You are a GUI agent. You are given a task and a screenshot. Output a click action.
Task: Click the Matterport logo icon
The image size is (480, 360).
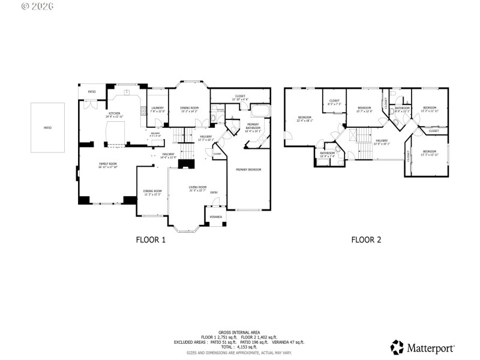pyautogui.click(x=397, y=347)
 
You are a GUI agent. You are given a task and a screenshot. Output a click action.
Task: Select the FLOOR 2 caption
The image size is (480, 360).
pyautogui.click(x=366, y=240)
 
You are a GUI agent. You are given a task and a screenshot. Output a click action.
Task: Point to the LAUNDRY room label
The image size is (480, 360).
pyautogui.click(x=157, y=109)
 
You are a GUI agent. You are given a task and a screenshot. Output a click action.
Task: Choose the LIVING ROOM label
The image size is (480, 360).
pyautogui.click(x=197, y=188)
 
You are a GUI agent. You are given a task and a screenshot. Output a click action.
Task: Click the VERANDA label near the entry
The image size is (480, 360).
pyautogui.click(x=215, y=217)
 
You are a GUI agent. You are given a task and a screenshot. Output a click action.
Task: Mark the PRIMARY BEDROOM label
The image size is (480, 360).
pyautogui.click(x=248, y=170)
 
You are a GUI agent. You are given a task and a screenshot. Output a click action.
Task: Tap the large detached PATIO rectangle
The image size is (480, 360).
pyautogui.click(x=47, y=128)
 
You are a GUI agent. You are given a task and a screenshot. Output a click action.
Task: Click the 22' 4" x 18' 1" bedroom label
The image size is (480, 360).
pyautogui.click(x=304, y=119)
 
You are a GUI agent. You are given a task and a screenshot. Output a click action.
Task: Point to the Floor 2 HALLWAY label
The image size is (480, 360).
pyautogui.click(x=382, y=143)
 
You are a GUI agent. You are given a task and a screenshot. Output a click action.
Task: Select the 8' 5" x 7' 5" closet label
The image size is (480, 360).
pyautogui.click(x=334, y=102)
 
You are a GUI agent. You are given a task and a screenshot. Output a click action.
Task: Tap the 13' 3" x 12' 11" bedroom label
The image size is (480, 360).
pyautogui.click(x=430, y=153)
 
